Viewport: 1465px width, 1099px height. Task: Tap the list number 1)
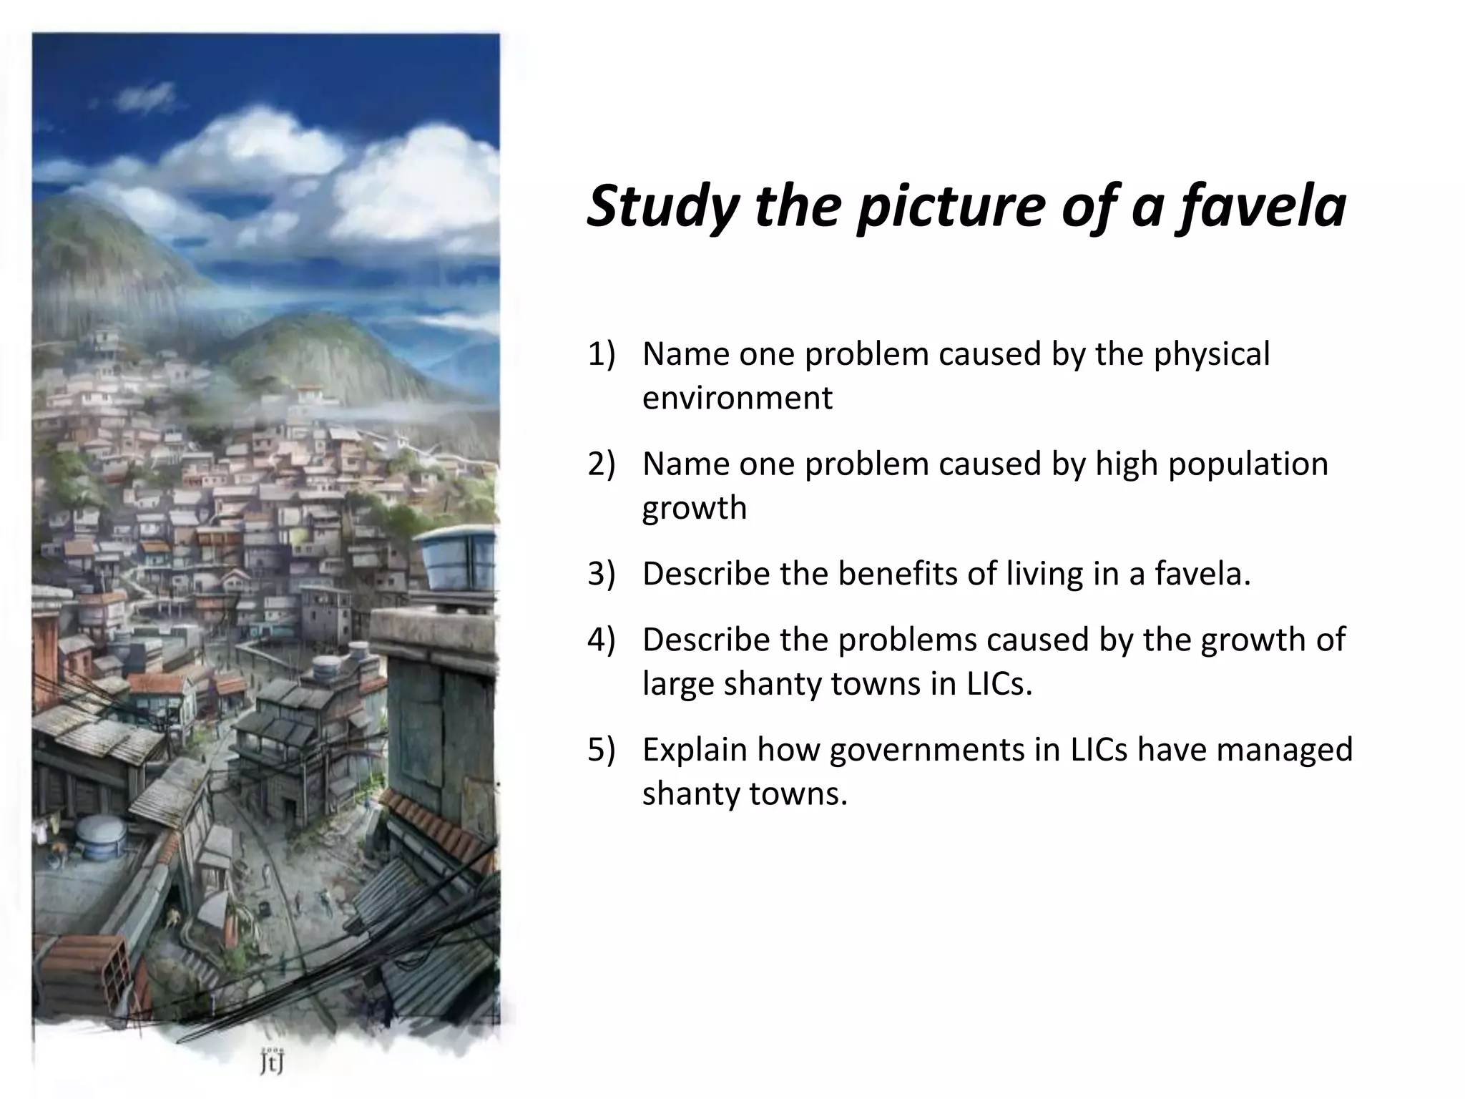click(x=602, y=354)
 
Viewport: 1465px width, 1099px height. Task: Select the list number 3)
click(x=602, y=574)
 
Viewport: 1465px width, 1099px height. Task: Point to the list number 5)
click(x=602, y=750)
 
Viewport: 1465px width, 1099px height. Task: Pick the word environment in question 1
click(x=737, y=398)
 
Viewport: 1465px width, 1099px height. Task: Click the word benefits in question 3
click(x=897, y=574)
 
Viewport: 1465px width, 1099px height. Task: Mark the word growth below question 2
click(x=694, y=508)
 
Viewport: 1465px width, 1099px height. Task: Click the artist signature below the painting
click(x=272, y=1063)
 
